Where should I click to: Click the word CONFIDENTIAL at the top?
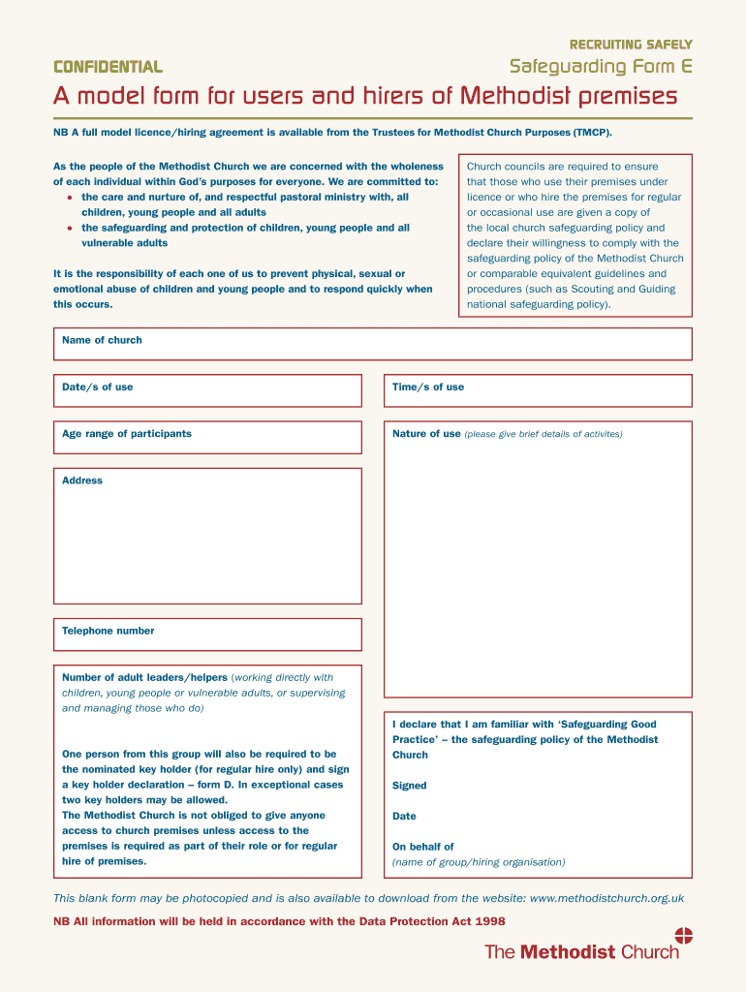click(x=108, y=67)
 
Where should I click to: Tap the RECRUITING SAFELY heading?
click(x=631, y=45)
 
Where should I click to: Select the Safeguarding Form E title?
click(x=601, y=67)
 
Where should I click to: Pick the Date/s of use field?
click(x=207, y=390)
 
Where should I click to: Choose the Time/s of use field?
click(x=538, y=390)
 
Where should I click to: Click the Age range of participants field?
click(x=207, y=437)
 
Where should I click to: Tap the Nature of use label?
click(x=426, y=434)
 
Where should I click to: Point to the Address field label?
click(x=82, y=480)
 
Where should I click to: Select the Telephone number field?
click(x=207, y=635)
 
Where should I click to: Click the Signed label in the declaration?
click(x=410, y=786)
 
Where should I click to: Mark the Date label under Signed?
click(x=404, y=817)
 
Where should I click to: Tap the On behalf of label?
click(x=423, y=847)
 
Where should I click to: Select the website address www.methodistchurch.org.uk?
click(x=607, y=898)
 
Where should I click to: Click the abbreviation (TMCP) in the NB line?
click(x=592, y=132)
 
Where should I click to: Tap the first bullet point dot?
click(x=70, y=198)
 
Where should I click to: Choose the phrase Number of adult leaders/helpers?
click(x=144, y=678)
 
